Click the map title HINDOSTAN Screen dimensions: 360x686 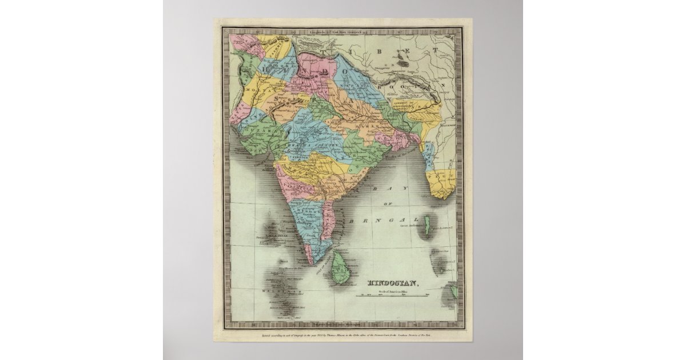(x=393, y=282)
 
